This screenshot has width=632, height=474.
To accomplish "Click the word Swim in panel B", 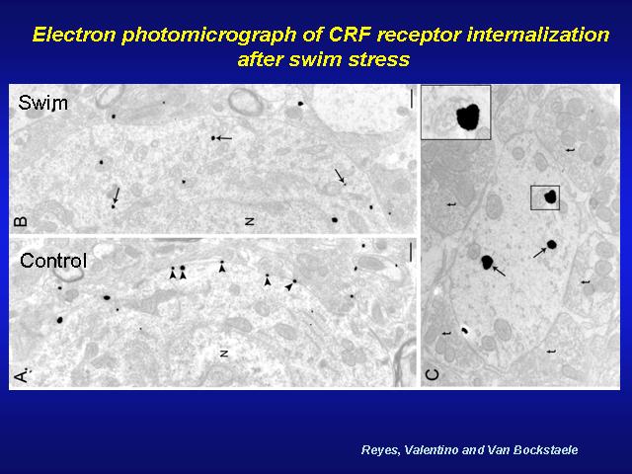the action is tap(42, 103).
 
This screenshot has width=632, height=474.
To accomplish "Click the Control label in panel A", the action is tap(53, 261).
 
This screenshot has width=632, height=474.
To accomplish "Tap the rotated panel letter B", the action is tap(21, 221).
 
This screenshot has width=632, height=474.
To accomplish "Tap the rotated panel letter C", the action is tap(432, 375).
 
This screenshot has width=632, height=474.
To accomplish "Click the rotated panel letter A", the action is tap(21, 376).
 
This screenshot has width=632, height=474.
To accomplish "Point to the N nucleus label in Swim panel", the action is tap(250, 221).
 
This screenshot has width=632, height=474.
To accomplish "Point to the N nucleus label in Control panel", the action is tap(224, 354).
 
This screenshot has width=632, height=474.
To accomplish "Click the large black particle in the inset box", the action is tap(468, 117).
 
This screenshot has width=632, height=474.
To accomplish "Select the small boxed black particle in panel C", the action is tap(550, 197).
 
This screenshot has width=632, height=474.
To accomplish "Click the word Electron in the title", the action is tap(75, 35).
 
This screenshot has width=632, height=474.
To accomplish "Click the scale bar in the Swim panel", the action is tap(412, 99).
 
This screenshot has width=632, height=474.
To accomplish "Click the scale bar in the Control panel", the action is tap(411, 252).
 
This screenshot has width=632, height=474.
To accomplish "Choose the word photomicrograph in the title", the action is tap(209, 36).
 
